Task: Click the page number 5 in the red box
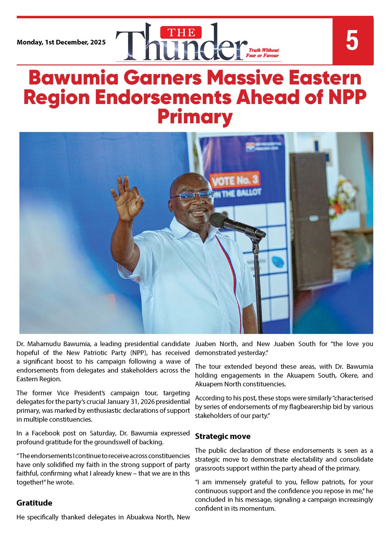pos(352,41)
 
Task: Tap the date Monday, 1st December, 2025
pos(61,42)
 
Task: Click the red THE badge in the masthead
pos(181,33)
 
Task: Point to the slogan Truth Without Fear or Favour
pos(263,53)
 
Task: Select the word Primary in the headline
pos(195,117)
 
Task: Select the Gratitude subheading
pos(34,503)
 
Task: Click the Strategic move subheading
pos(223,436)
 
